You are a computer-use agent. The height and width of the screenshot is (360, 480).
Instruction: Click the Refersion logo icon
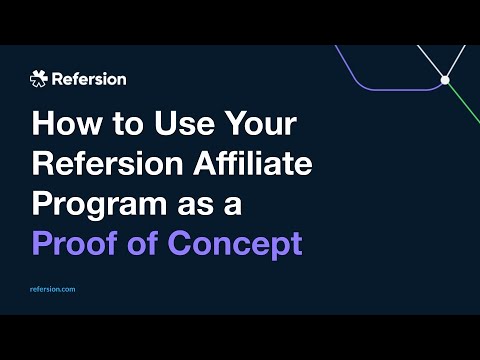[x=39, y=79]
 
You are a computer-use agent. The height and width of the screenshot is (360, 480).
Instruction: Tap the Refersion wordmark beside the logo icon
[x=89, y=79]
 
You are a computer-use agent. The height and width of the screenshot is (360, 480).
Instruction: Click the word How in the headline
[x=67, y=123]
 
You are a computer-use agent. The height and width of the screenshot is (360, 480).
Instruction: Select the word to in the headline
[x=127, y=124]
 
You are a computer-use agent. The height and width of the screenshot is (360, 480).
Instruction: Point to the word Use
[x=184, y=123]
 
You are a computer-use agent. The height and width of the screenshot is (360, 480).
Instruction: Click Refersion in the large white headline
[x=107, y=163]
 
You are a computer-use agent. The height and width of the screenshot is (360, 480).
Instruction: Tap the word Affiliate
[x=253, y=163]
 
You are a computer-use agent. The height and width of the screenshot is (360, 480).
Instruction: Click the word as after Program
[x=195, y=206]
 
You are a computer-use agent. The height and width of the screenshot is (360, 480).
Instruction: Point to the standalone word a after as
[x=233, y=206]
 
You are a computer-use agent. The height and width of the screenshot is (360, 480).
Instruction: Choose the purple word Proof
[x=75, y=243]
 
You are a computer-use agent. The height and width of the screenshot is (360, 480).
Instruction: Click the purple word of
[x=143, y=243]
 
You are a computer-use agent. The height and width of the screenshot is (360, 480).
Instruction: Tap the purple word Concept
[x=235, y=245]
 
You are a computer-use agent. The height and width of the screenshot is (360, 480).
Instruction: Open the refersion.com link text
[x=53, y=289]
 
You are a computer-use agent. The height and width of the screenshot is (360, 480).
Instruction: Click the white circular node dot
[x=445, y=80]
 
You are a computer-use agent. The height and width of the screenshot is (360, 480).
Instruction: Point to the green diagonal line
[x=464, y=103]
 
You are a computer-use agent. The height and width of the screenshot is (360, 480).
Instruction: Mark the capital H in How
[x=43, y=123]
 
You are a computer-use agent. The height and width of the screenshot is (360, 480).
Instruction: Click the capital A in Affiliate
[x=207, y=163]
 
